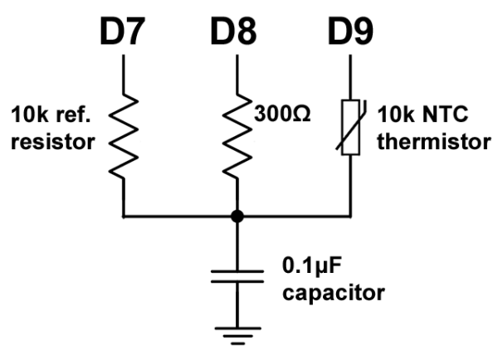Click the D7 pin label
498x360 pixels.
point(124,31)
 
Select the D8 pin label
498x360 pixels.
point(237,31)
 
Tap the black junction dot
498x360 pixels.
point(237,216)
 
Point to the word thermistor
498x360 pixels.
point(432,141)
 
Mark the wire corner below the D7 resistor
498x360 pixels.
point(124,216)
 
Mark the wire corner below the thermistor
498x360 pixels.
point(349,216)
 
